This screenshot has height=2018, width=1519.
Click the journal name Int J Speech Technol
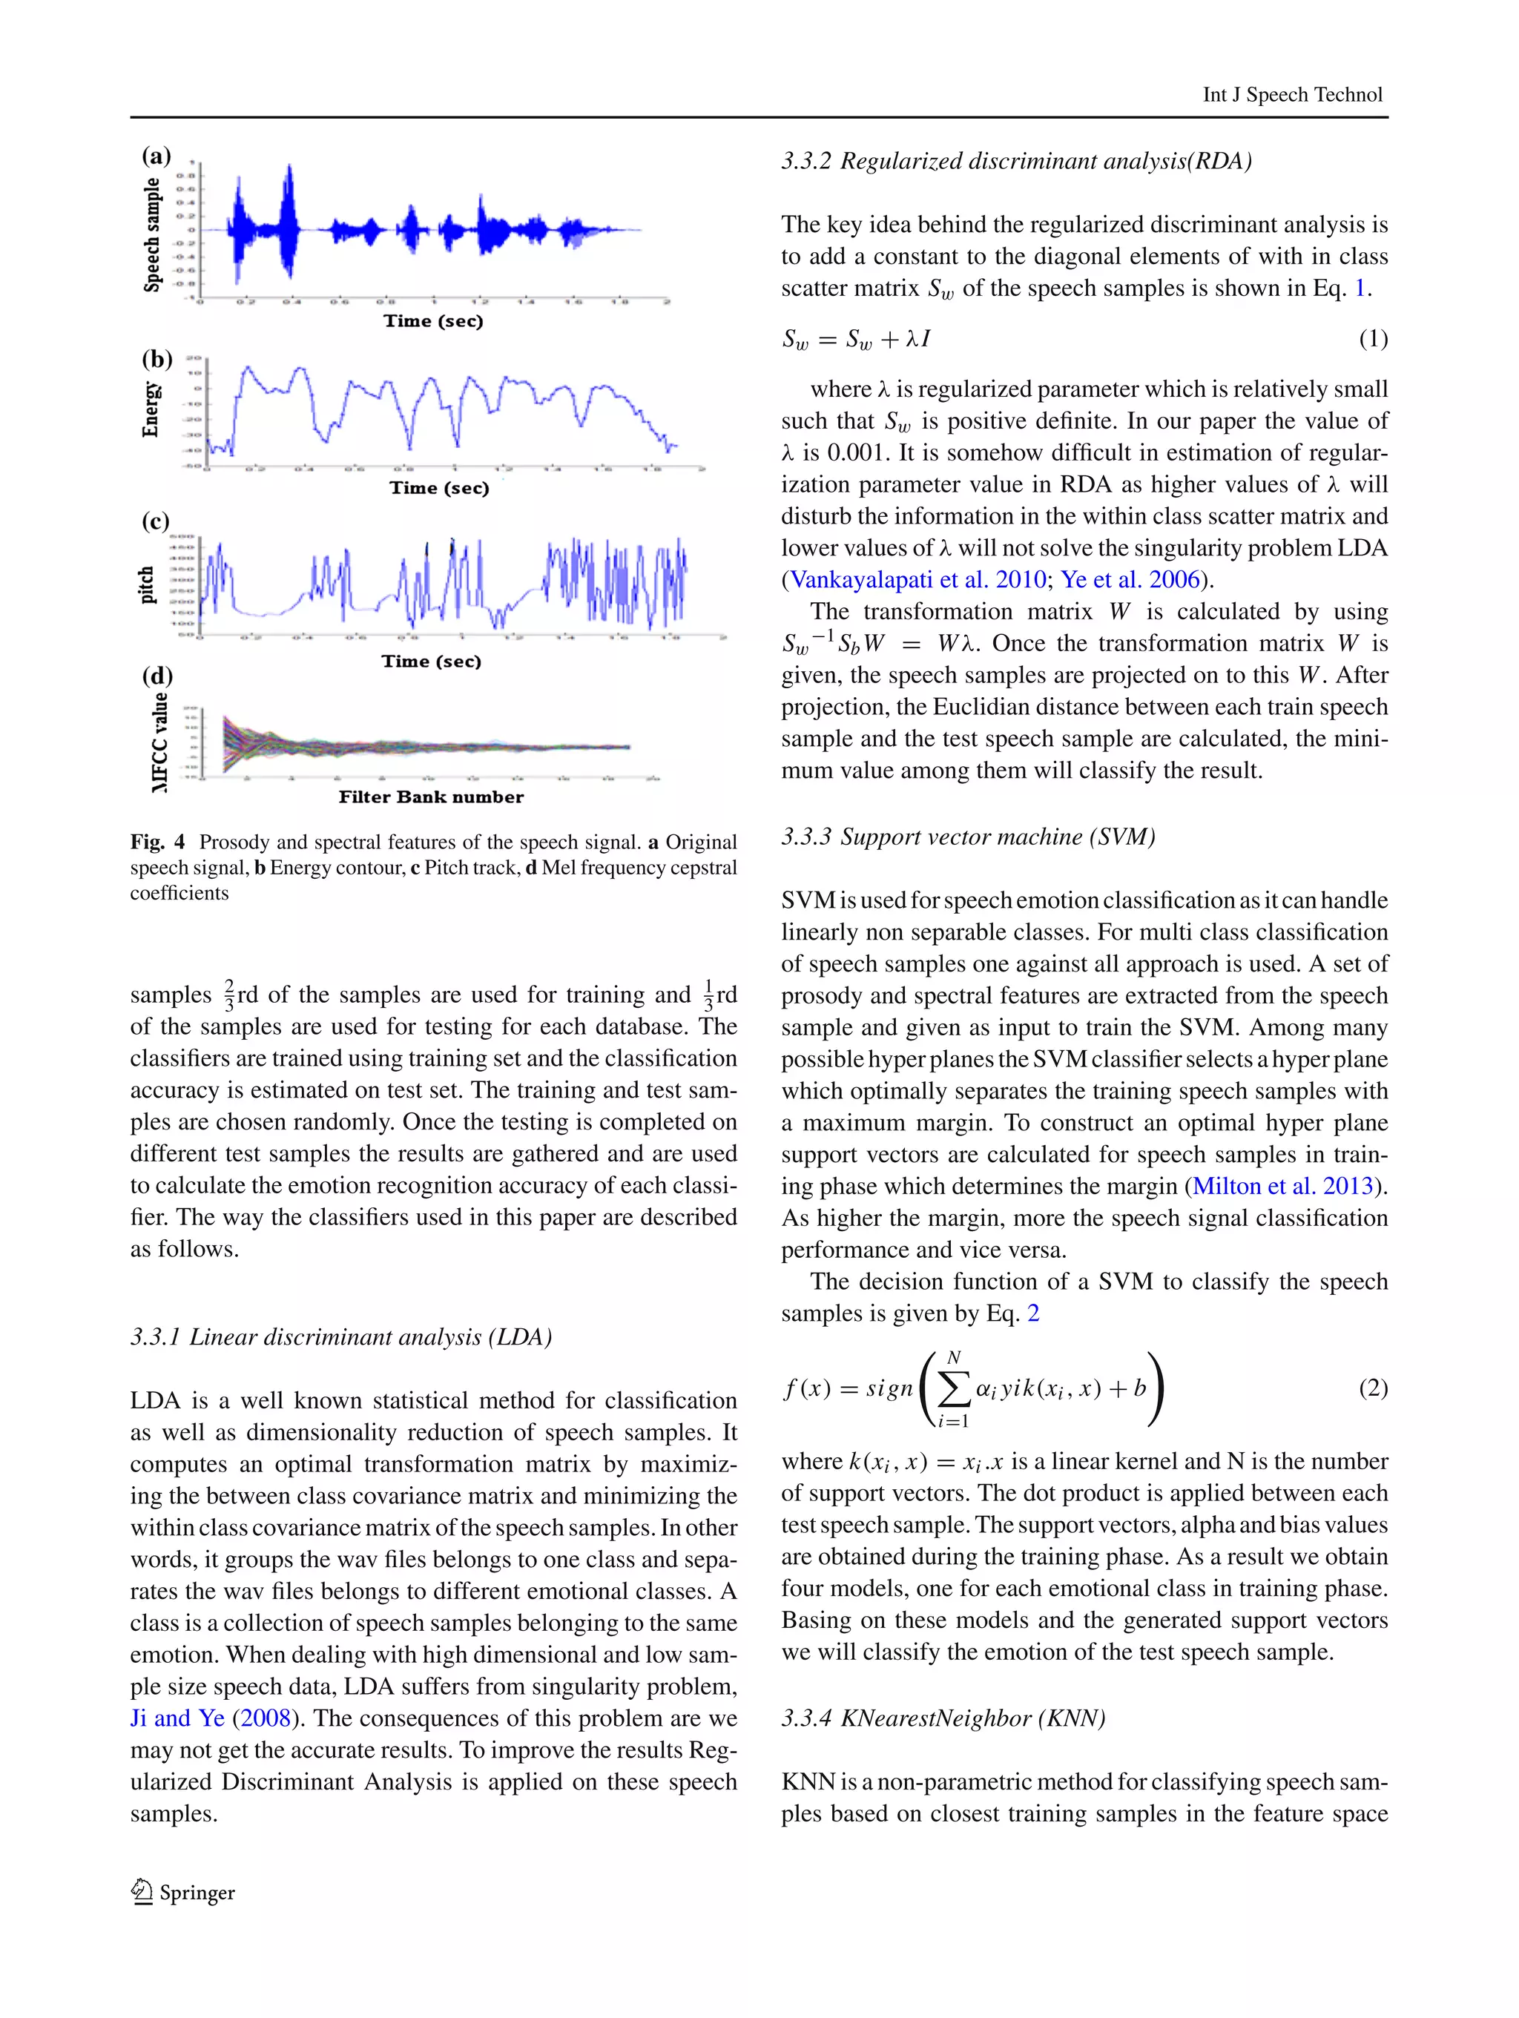1292,95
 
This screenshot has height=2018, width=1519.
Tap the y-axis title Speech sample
152,235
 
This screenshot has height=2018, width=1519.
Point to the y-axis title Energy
151,409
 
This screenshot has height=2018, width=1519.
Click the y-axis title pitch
147,584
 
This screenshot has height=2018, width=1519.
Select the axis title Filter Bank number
431,797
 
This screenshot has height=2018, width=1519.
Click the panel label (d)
157,676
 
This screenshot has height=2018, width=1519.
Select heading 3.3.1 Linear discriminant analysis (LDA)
341,1337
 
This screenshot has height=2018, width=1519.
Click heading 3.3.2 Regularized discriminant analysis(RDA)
1016,162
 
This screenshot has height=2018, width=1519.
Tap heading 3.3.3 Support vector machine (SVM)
968,837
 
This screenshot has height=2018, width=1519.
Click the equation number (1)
1373,340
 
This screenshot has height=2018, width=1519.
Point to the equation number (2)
1373,1388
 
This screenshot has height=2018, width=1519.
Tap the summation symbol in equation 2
953,1389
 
